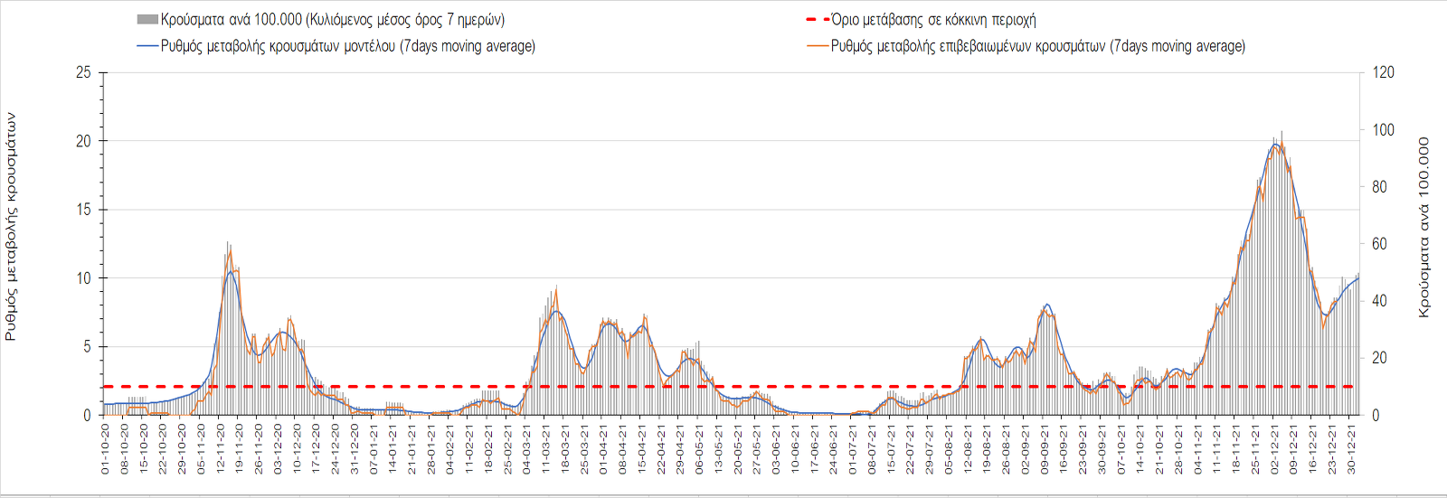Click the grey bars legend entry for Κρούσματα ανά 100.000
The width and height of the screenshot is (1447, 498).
point(321,19)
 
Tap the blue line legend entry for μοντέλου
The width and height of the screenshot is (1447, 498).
point(336,46)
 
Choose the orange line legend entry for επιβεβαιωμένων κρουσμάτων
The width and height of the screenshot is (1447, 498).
point(1026,46)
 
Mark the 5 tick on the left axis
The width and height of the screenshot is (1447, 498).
point(87,347)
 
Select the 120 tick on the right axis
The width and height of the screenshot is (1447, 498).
point(1384,72)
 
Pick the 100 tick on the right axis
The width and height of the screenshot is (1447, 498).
point(1384,129)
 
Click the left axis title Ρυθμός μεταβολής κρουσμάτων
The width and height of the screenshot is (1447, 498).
point(11,226)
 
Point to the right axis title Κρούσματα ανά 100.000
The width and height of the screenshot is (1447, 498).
point(1424,227)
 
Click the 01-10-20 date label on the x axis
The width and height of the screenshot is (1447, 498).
point(105,449)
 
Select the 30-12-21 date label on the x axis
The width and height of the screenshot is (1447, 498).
point(1352,449)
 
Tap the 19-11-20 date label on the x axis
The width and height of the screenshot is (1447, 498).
point(239,449)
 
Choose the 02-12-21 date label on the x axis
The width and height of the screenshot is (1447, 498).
point(1275,449)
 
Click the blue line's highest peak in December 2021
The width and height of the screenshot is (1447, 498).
point(1275,144)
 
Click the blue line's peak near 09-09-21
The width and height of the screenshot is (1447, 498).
point(1046,305)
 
